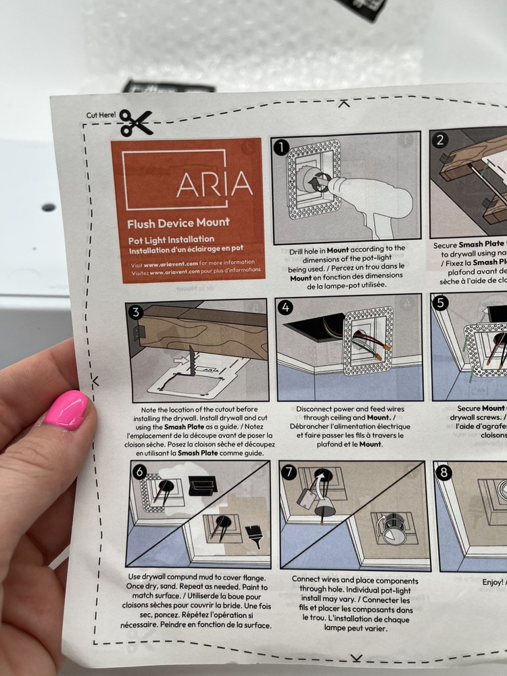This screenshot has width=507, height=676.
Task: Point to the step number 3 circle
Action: pos(136,312)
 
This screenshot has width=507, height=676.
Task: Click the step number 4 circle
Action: pos(286,307)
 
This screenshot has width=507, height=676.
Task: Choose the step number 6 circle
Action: pos(139,472)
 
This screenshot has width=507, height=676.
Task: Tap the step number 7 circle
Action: pos(289,473)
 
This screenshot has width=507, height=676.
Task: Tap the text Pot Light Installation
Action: pos(171,239)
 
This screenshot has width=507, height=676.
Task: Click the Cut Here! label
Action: pos(101,115)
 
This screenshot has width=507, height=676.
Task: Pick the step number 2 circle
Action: pos(440,141)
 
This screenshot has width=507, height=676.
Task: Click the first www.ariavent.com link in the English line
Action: pos(166,263)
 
